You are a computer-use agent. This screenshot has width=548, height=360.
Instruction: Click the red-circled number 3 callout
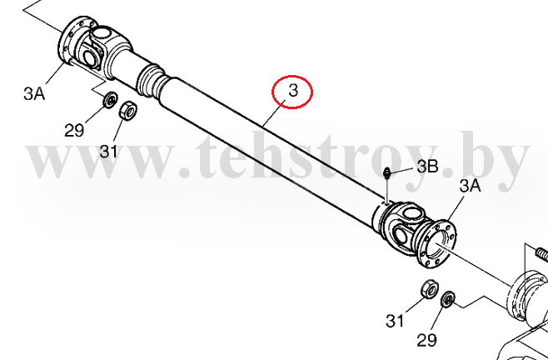tap(292, 92)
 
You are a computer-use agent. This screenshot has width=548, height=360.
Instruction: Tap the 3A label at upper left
tap(34, 94)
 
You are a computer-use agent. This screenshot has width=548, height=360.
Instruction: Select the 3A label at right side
tap(470, 186)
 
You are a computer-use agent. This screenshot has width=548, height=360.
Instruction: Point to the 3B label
tap(427, 167)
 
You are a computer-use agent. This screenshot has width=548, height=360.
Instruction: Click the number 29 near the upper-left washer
tap(74, 131)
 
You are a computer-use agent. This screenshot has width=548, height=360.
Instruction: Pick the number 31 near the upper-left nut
tap(109, 152)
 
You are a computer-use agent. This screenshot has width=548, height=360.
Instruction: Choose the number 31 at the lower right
tap(395, 321)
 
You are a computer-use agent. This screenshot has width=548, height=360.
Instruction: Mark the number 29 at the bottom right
tap(426, 340)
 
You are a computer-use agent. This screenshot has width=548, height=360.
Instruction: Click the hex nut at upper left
tap(128, 111)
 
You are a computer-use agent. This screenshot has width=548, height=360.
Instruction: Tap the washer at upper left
tap(110, 100)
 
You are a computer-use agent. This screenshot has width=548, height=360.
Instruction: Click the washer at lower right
tap(448, 299)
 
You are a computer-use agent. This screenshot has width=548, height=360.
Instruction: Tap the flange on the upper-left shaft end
tap(72, 42)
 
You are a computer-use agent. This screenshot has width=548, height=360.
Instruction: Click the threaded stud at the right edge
tap(541, 252)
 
